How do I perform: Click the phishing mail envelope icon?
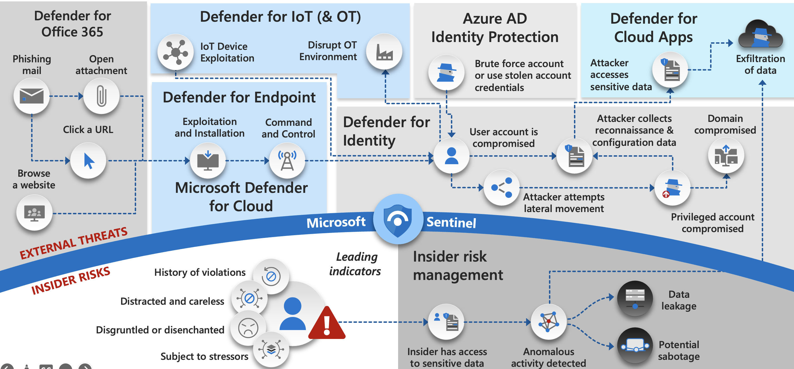click(31, 96)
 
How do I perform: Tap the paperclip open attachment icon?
click(101, 96)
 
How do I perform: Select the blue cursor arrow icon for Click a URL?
click(88, 161)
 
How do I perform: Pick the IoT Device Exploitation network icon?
click(175, 52)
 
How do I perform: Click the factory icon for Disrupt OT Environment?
click(384, 52)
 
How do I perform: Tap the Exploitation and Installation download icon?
click(208, 161)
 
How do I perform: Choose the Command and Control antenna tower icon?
click(287, 161)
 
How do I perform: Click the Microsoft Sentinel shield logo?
click(398, 219)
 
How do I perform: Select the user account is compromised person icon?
click(451, 156)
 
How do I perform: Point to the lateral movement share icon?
click(501, 188)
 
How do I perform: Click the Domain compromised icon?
click(726, 155)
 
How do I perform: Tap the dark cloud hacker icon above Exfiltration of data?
click(760, 35)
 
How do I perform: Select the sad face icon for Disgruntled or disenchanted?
click(248, 328)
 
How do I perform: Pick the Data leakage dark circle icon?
click(635, 298)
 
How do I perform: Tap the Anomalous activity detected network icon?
click(549, 321)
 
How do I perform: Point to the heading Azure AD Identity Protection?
click(495, 28)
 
